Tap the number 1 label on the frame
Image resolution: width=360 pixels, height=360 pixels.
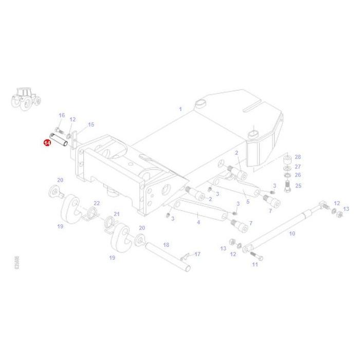(181, 109)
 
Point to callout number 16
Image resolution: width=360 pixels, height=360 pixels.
(62, 115)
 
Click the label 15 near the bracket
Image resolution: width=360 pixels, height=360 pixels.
(91, 124)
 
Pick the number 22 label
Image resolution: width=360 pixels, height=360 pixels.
(96, 204)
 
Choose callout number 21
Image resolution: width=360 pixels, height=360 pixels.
(116, 214)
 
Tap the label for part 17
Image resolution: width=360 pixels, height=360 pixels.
(197, 254)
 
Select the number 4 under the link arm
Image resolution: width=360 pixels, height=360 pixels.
(198, 222)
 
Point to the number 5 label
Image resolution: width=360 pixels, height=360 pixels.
(247, 202)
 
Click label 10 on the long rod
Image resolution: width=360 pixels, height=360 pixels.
(292, 233)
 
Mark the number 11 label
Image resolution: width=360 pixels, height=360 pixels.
(255, 264)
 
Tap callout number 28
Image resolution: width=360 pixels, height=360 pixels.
(297, 157)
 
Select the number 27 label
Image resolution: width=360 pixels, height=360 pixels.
(297, 166)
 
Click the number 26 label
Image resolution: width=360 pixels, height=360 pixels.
(297, 175)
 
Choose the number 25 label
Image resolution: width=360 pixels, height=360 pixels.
(297, 186)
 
